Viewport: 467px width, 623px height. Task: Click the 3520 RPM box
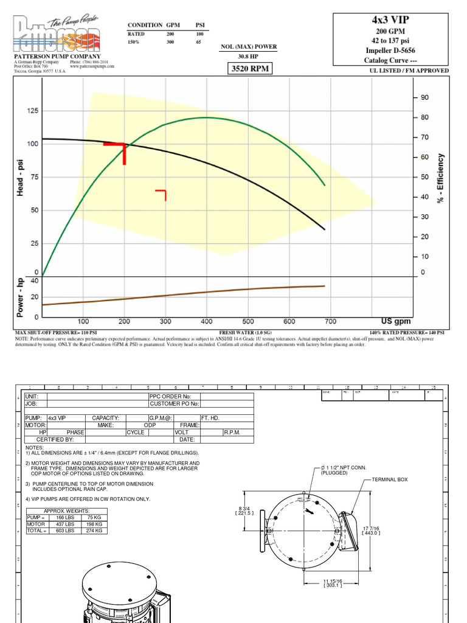[249, 69]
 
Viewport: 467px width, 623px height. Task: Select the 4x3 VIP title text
[391, 19]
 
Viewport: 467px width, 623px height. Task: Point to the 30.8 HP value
[249, 57]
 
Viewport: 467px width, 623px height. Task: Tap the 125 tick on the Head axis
[32, 111]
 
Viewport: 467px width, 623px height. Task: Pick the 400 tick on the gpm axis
[207, 321]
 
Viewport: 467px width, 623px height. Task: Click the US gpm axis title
[396, 321]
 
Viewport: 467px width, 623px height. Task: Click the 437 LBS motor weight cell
[68, 524]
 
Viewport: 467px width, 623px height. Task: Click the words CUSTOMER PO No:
[174, 403]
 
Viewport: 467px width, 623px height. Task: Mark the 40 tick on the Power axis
[34, 280]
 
